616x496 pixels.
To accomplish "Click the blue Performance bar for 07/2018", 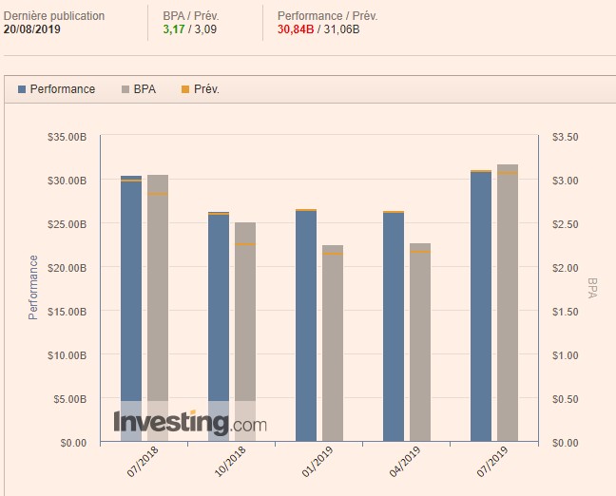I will click(131, 304).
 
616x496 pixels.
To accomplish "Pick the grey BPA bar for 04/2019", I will click(420, 342).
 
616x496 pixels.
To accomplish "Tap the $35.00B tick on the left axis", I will click(67, 137).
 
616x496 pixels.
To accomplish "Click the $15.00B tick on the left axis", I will click(67, 312).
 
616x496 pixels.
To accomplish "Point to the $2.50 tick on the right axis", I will click(565, 224).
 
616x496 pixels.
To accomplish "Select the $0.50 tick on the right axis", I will click(565, 399).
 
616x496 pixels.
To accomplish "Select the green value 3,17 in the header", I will click(174, 29).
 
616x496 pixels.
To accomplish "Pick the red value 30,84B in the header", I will click(298, 29).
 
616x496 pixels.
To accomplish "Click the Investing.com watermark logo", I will click(190, 422).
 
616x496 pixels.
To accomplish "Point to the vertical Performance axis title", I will click(33, 287).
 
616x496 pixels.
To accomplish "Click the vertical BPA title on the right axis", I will click(592, 288).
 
